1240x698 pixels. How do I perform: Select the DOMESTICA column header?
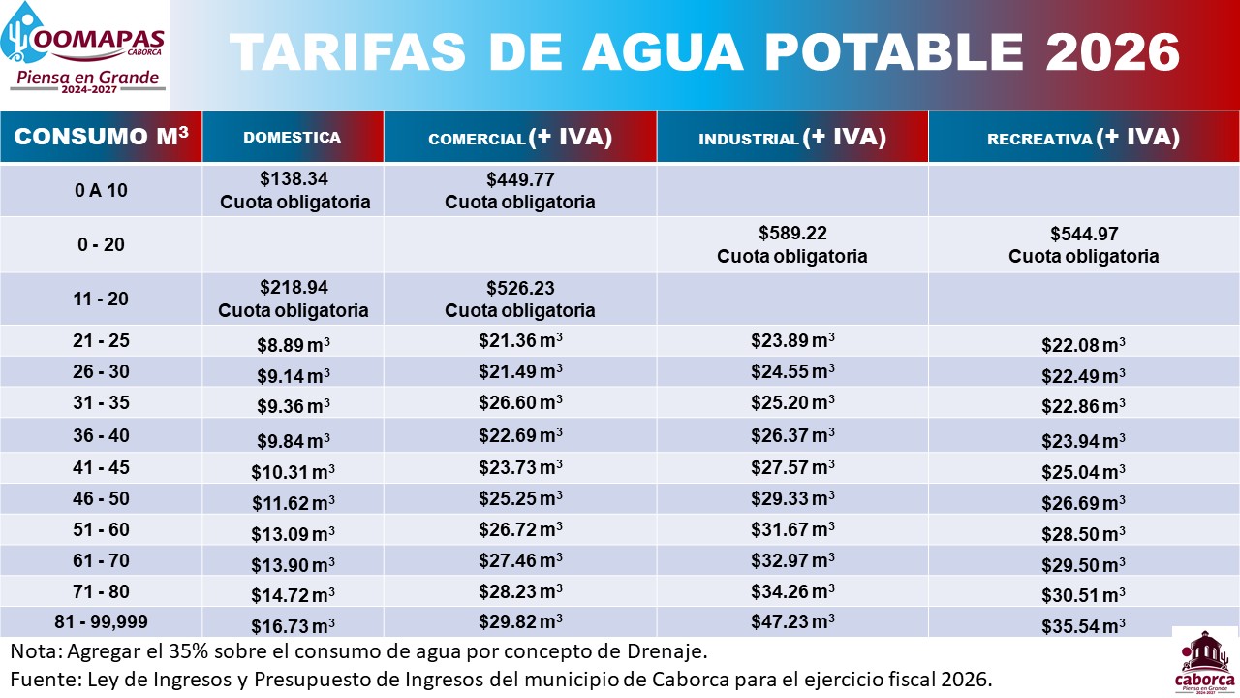point(292,138)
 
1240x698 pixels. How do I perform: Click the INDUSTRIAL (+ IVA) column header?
point(792,138)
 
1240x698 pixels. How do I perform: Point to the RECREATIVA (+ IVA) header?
point(1083,138)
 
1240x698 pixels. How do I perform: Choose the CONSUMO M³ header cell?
point(101,137)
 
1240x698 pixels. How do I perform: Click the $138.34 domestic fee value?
point(294,179)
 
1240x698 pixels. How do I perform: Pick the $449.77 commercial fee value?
point(520,179)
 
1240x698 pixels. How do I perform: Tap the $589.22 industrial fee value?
point(791,234)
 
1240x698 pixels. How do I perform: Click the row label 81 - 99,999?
point(101,622)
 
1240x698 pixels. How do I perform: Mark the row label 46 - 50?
point(101,499)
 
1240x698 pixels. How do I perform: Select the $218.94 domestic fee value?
point(294,288)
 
